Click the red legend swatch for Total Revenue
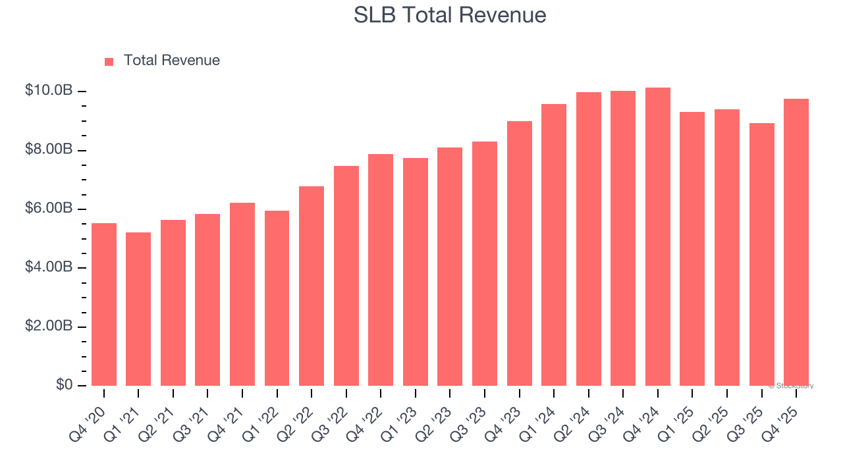tap(109, 61)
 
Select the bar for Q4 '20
tap(104, 304)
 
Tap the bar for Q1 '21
tap(138, 309)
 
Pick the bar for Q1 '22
tap(277, 298)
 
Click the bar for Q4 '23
tap(519, 253)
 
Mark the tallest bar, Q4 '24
tap(657, 237)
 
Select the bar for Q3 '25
tap(761, 254)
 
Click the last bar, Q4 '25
tap(796, 242)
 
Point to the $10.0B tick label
tap(48, 90)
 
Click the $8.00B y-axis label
tap(48, 149)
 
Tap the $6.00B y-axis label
tap(48, 208)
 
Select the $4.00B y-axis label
tap(48, 267)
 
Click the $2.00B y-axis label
tap(48, 327)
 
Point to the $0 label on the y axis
tap(64, 384)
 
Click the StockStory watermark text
tap(791, 386)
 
